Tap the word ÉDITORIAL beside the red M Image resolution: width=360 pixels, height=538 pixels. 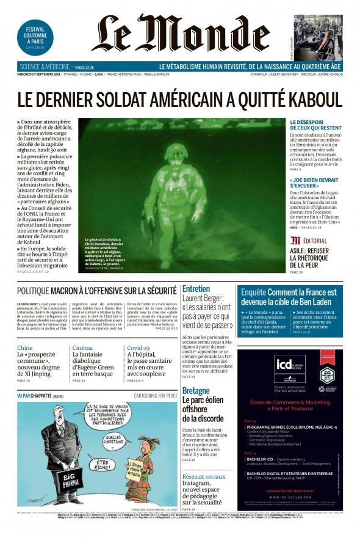315,241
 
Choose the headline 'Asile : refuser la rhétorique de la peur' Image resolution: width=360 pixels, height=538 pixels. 309,258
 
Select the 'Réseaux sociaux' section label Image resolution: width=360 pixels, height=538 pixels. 203,476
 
